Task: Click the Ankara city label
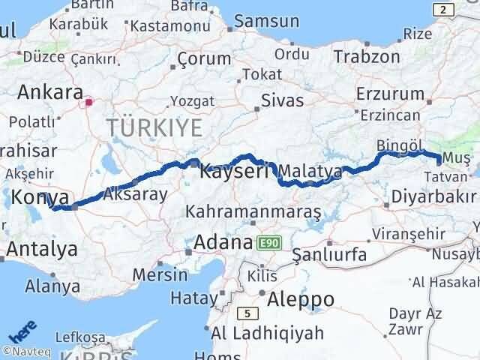pos(49,93)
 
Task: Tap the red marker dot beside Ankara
pos(89,102)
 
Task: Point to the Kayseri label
pos(235,172)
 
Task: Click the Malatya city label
pos(313,172)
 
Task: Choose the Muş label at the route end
pos(456,157)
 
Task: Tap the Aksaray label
pos(135,193)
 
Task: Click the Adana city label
pos(223,243)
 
